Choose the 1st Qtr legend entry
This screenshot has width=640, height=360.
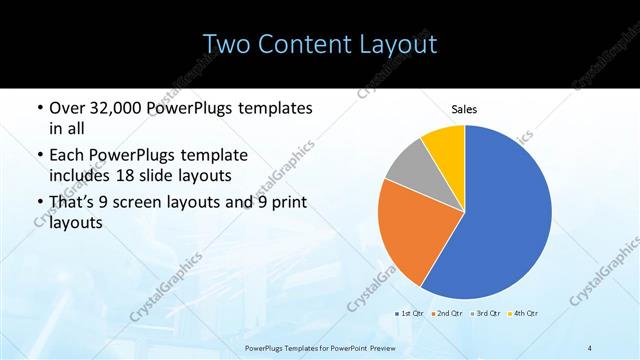[413, 314]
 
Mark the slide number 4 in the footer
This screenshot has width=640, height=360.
[590, 348]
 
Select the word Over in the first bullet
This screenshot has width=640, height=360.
[68, 108]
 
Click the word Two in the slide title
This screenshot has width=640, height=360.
[226, 45]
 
